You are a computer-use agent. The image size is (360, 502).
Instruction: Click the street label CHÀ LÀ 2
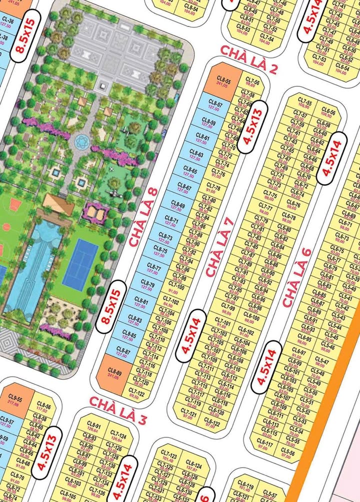(x=248, y=59)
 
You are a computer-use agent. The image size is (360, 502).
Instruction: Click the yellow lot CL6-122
(x=212, y=424)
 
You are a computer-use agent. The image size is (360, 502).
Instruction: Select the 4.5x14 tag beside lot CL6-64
(x=332, y=158)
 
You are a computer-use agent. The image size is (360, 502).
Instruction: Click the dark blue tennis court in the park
(x=80, y=263)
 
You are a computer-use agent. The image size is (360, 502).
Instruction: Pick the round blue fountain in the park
(x=81, y=141)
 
